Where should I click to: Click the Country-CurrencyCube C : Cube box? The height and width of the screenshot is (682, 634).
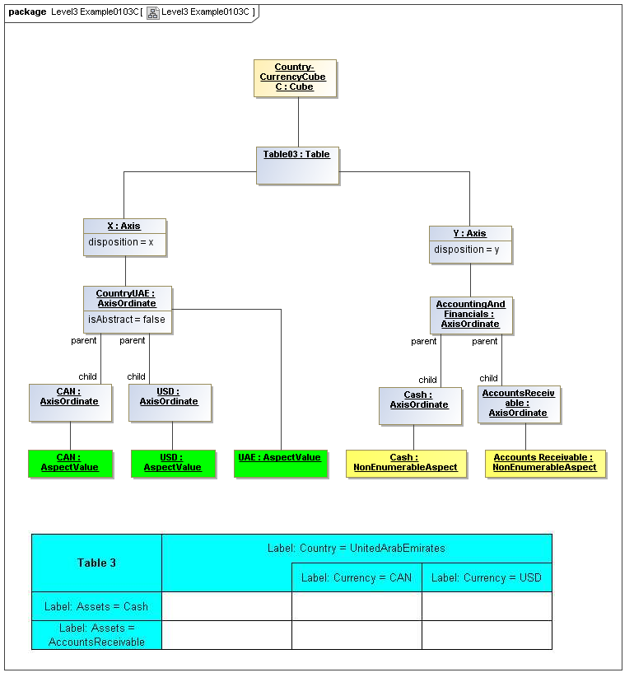click(x=295, y=78)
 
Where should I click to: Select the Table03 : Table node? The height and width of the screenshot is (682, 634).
click(x=297, y=166)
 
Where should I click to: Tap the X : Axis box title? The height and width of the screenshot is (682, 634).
click(x=124, y=226)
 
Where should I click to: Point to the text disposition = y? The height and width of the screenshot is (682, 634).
click(x=467, y=250)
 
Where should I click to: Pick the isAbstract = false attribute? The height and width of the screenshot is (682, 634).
click(x=127, y=320)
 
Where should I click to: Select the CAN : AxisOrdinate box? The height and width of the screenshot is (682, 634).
click(x=70, y=403)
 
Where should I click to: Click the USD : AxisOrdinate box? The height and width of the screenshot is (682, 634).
click(x=170, y=403)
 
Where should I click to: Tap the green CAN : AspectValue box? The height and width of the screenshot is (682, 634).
click(x=70, y=463)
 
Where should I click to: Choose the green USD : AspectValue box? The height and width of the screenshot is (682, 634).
click(x=173, y=463)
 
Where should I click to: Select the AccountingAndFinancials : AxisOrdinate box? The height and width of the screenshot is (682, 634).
click(x=471, y=315)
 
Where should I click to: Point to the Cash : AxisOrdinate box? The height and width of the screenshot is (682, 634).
click(x=420, y=406)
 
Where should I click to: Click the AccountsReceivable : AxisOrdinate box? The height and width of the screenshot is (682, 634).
click(x=519, y=404)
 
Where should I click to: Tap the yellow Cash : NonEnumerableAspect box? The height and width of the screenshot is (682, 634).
click(x=406, y=463)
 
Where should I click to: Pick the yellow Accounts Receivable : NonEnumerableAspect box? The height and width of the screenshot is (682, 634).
click(x=545, y=463)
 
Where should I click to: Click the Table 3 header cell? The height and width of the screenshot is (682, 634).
click(x=97, y=563)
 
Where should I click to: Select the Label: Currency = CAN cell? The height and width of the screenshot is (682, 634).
click(x=357, y=577)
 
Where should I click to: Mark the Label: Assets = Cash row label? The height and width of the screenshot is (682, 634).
click(x=97, y=606)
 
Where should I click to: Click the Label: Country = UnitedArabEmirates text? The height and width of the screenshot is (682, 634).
click(x=357, y=548)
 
